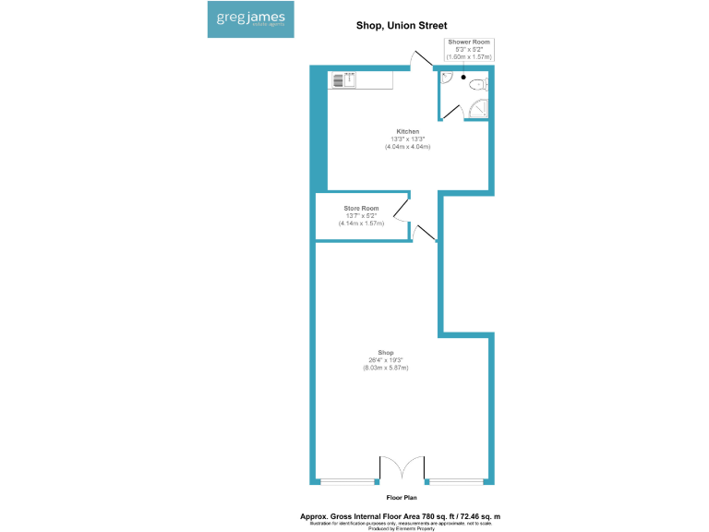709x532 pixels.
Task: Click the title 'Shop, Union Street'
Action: click(x=401, y=26)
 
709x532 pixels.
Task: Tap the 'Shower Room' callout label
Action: click(x=470, y=42)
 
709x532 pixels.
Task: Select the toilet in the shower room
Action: click(x=477, y=85)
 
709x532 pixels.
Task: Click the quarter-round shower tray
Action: click(x=478, y=111)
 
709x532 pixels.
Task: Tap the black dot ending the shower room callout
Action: click(x=463, y=78)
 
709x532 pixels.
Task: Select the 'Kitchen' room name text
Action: click(x=408, y=132)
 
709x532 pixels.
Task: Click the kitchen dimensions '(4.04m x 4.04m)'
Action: click(x=408, y=148)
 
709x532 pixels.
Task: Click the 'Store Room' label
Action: click(x=361, y=209)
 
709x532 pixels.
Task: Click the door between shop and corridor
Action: click(x=423, y=234)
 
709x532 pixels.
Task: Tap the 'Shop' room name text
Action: click(x=386, y=353)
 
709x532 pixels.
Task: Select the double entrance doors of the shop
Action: click(x=402, y=469)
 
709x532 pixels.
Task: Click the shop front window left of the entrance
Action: click(x=348, y=481)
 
